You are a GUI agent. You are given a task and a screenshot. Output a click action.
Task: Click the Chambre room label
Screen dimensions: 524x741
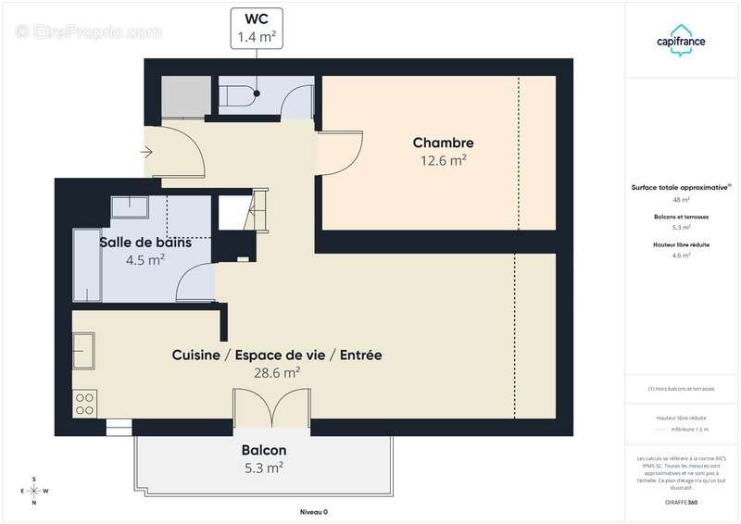coord(443,143)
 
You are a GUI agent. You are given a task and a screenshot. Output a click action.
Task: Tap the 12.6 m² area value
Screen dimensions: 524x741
coord(443,160)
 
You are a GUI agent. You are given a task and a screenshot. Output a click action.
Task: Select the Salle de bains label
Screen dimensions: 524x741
coord(145,243)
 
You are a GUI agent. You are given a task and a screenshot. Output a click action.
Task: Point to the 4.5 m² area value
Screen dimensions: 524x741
coord(145,260)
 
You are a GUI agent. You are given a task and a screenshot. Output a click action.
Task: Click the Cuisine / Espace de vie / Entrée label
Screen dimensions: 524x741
coord(277,356)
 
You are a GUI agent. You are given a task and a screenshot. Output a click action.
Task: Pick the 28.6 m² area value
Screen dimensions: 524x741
coord(278,373)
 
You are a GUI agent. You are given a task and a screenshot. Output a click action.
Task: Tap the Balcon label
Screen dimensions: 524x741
coord(263,450)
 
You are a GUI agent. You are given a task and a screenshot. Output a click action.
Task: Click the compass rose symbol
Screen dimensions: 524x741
coord(34,491)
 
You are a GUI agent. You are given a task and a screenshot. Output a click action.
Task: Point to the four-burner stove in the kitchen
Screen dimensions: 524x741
coord(84,404)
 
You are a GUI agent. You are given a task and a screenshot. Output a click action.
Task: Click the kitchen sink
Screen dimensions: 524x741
coord(83,353)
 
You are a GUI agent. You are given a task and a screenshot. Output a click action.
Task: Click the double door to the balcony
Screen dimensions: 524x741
coord(270,407)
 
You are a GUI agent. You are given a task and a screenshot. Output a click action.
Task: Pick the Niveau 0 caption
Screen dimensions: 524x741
coord(313,512)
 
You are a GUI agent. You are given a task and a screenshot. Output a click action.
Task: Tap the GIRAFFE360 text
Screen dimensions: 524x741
coord(681,503)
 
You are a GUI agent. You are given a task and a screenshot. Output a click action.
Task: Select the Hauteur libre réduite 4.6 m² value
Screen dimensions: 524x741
coord(681,256)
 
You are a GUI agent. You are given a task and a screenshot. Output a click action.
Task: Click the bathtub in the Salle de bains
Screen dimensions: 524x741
coord(91,267)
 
